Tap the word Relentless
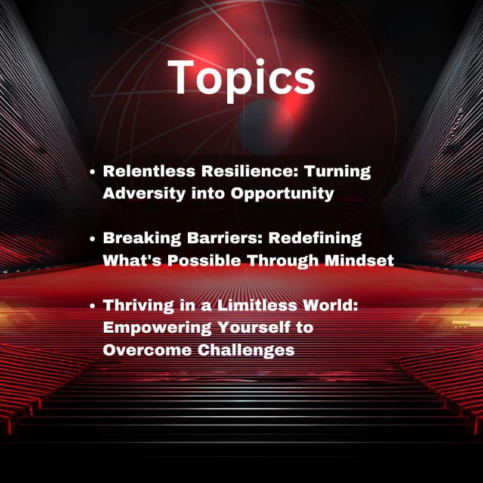149,171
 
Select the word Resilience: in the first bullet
250,171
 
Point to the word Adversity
144,194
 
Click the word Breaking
142,239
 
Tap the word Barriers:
225,238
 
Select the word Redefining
315,239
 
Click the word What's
132,261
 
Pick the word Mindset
359,261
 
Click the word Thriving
138,306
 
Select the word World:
330,305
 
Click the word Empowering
157,328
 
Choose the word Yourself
254,327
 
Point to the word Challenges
246,351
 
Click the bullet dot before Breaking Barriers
92,239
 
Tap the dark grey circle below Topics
265,127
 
